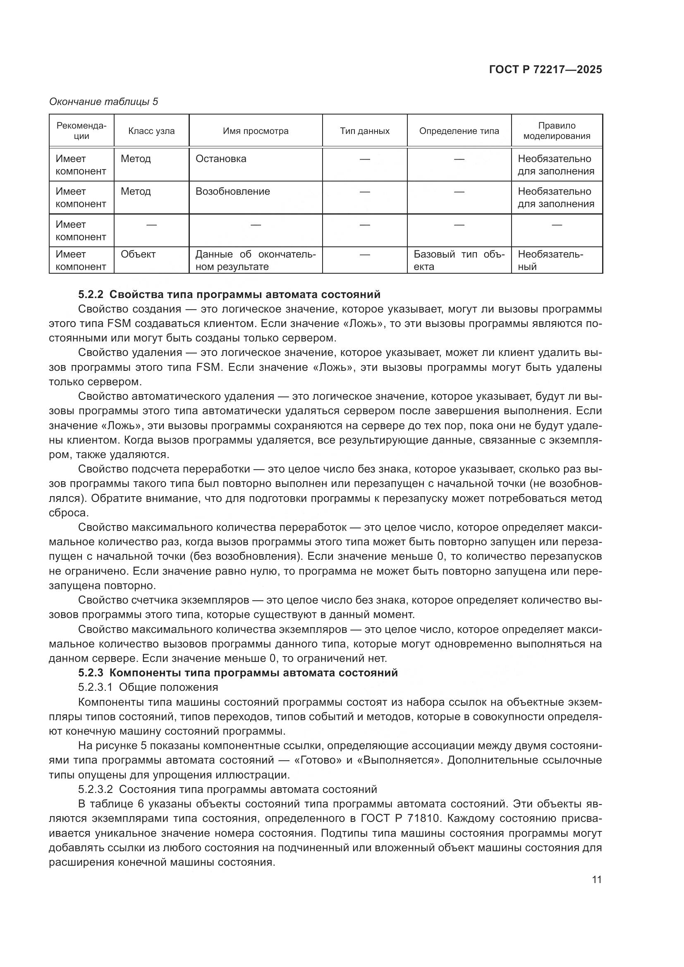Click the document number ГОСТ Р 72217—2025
click(x=545, y=70)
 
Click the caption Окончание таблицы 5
click(x=104, y=102)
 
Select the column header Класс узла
click(x=151, y=131)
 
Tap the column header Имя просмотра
click(x=255, y=131)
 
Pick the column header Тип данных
click(x=364, y=131)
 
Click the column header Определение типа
click(x=459, y=131)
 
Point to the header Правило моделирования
click(x=556, y=131)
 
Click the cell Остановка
click(x=221, y=159)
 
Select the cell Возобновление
click(x=232, y=192)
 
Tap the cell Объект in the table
click(x=138, y=254)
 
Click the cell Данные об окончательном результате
click(x=255, y=260)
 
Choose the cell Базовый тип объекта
click(x=459, y=260)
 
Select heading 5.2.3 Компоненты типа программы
click(x=238, y=673)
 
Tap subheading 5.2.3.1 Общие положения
click(x=148, y=688)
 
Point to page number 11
click(x=596, y=879)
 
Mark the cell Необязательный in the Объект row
click(x=550, y=260)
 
